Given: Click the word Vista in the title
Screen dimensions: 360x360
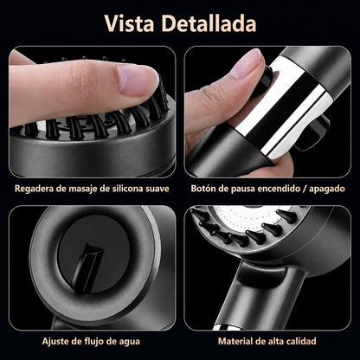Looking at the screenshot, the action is tap(129, 23).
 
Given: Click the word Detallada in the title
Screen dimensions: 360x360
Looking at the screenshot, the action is tap(209, 23).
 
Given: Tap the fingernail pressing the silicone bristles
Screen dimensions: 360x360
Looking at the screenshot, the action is tap(138, 79).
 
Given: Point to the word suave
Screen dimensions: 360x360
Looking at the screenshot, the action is tap(157, 190).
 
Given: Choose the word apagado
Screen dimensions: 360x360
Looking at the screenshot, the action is tap(327, 190).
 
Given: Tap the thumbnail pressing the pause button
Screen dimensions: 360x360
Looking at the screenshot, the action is tap(246, 62).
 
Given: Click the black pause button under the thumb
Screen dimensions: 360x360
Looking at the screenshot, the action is tap(263, 80).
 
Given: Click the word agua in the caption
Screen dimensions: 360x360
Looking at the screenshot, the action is tap(129, 342).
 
